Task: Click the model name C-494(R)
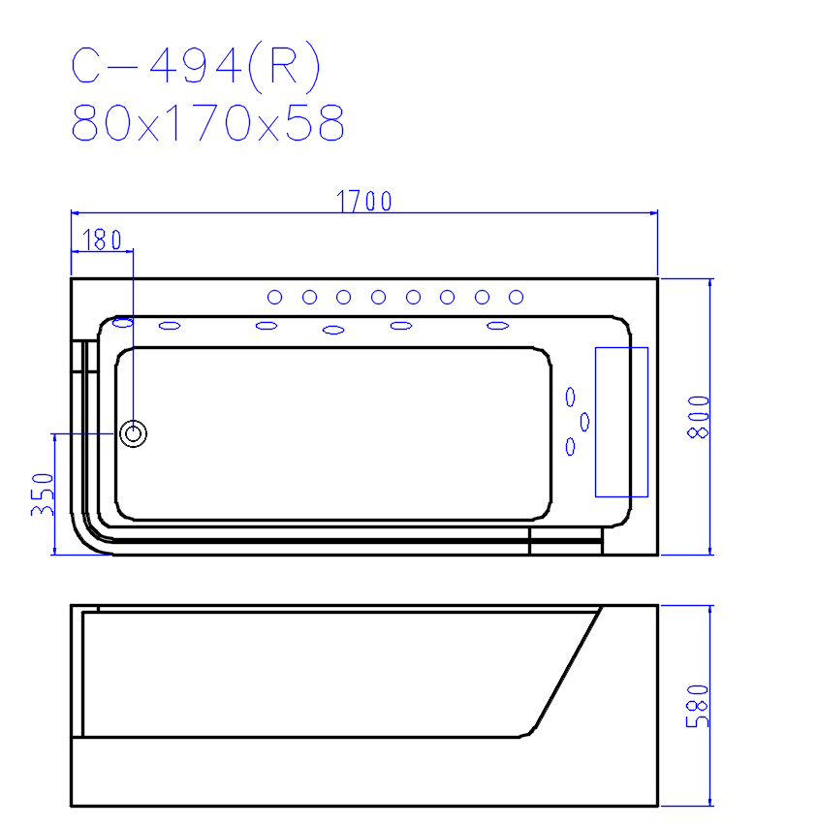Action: [x=196, y=66]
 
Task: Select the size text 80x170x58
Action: [x=207, y=122]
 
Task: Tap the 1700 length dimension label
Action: [x=364, y=202]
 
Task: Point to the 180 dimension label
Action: [x=103, y=240]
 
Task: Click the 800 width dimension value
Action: [x=698, y=417]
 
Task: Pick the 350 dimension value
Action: [x=43, y=494]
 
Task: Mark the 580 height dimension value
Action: [x=697, y=706]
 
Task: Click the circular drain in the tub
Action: [x=133, y=434]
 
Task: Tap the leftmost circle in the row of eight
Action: [x=274, y=298]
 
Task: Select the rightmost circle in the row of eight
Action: [x=517, y=298]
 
